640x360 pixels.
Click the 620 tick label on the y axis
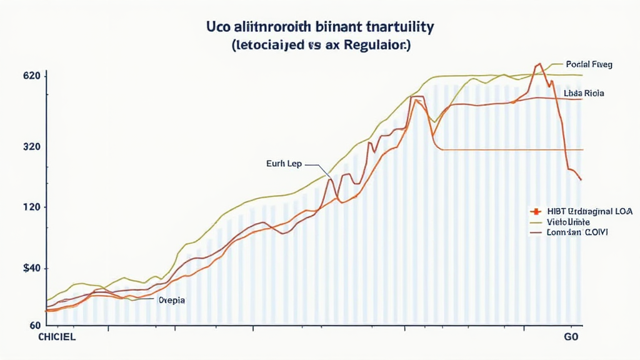coord(32,76)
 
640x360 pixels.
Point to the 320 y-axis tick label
coord(32,147)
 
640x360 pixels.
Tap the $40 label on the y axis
coord(31,268)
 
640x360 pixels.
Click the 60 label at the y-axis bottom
coord(34,325)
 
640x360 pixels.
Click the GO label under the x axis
coord(571,337)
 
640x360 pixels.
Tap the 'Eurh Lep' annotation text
coord(284,164)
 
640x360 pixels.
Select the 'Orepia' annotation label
coord(172,300)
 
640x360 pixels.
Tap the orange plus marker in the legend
coord(536,212)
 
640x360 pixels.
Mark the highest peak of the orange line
coord(538,64)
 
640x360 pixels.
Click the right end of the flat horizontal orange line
coord(582,150)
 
